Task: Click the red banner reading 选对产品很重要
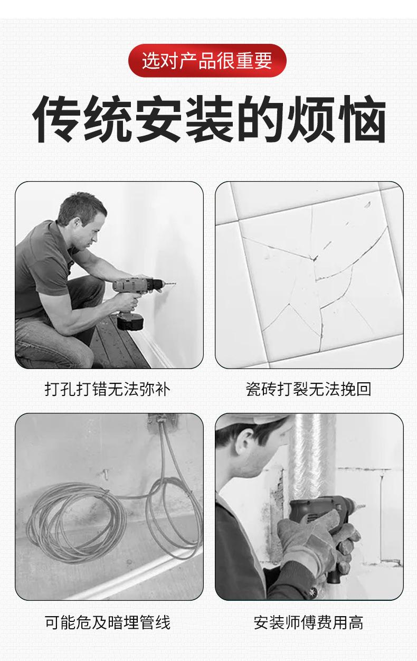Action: pyautogui.click(x=207, y=61)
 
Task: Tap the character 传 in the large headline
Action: pyautogui.click(x=56, y=118)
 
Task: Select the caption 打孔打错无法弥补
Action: pyautogui.click(x=108, y=389)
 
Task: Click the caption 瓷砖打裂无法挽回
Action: pyautogui.click(x=308, y=389)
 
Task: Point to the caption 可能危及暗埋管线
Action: pyautogui.click(x=108, y=622)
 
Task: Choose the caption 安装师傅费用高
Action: pyautogui.click(x=308, y=622)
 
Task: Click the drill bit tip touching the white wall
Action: pyautogui.click(x=175, y=284)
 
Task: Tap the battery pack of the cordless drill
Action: pyautogui.click(x=130, y=322)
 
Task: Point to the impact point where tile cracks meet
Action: pyautogui.click(x=315, y=258)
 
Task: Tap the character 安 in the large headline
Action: pyautogui.click(x=158, y=118)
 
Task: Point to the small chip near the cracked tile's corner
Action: pyautogui.click(x=368, y=204)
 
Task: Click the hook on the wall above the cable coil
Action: pyautogui.click(x=106, y=474)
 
